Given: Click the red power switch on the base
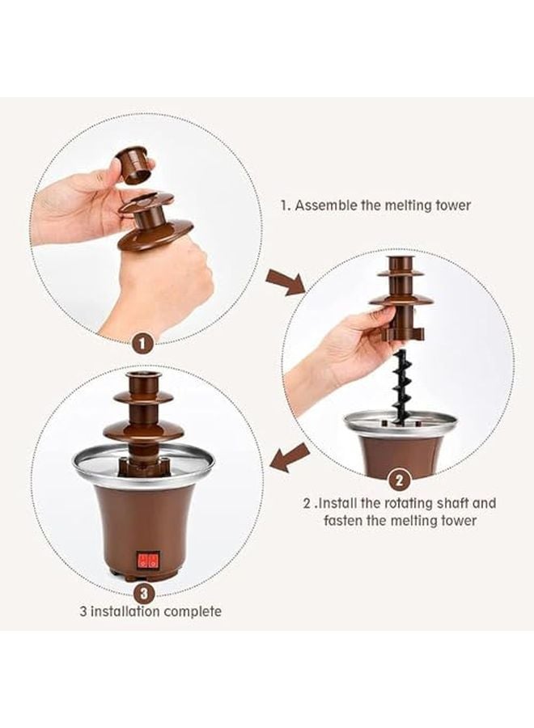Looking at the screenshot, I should (147, 559).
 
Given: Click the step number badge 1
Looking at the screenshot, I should (142, 343).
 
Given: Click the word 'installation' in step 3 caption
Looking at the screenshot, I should (124, 612).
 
